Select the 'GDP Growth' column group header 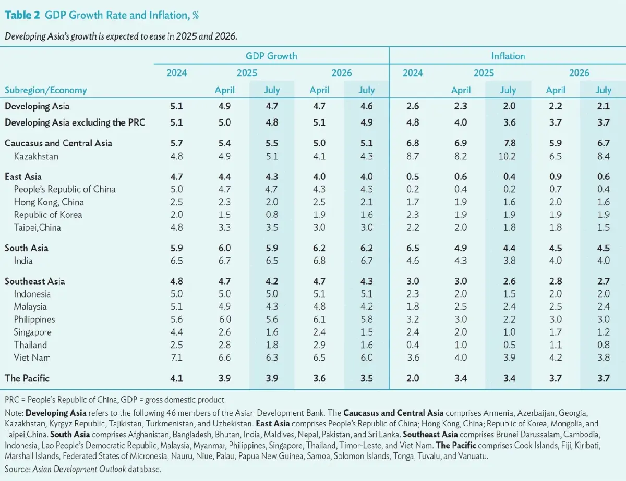(271, 56)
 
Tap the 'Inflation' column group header (508, 56)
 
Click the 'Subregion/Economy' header (46, 90)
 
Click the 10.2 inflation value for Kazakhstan (508, 156)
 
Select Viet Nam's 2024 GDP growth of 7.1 (176, 357)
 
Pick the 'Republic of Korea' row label (48, 215)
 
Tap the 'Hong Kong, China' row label (49, 202)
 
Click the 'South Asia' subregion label (27, 248)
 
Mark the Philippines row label (34, 319)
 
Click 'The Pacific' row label (27, 378)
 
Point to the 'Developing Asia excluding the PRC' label (75, 122)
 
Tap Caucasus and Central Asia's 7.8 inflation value (508, 143)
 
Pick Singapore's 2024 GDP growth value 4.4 (176, 332)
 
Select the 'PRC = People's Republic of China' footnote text (61, 400)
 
